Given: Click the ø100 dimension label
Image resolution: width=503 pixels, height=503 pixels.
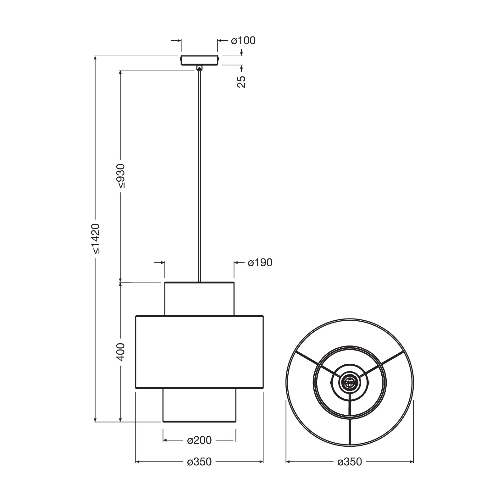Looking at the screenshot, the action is pyautogui.click(x=243, y=41).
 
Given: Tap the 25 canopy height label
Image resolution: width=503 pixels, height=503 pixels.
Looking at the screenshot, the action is pyautogui.click(x=241, y=81).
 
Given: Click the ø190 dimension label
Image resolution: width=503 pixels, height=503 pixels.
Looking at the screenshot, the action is pyautogui.click(x=260, y=263).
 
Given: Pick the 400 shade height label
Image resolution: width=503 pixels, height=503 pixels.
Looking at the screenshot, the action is pyautogui.click(x=121, y=352).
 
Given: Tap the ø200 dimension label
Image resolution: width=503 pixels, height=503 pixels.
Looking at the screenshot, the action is pyautogui.click(x=199, y=440).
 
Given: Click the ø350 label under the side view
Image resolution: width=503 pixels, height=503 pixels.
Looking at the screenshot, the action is pyautogui.click(x=199, y=462).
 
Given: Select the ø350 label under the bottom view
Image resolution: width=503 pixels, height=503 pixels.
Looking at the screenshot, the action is pyautogui.click(x=350, y=462).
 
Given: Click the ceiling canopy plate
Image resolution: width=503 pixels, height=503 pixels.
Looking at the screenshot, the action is pyautogui.click(x=199, y=60).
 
